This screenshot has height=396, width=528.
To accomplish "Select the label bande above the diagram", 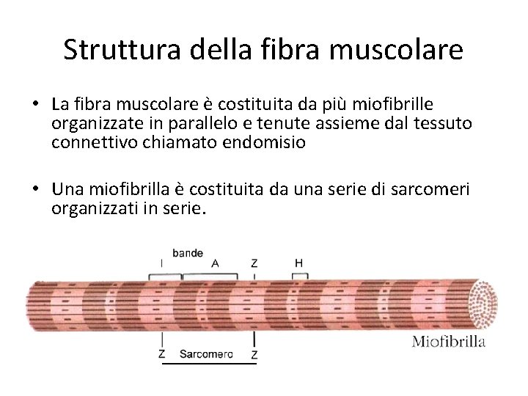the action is point(188,252).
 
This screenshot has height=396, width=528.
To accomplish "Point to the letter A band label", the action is point(215,263).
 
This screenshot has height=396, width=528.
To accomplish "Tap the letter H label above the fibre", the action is point(298,263).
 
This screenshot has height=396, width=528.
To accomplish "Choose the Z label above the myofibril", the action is point(254,263).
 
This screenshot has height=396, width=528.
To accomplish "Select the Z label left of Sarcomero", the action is point(162,354).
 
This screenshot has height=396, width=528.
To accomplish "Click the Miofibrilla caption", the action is point(449,341).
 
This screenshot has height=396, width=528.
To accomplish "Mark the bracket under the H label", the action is point(299,275).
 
